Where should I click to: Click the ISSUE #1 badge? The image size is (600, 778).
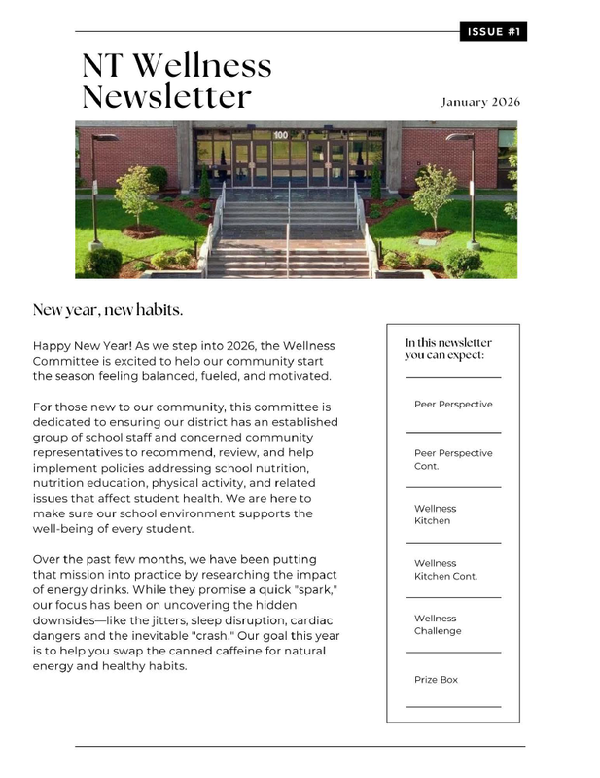coord(492,32)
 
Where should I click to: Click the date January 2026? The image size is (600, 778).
coord(480,102)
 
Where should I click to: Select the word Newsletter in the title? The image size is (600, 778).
coord(166,97)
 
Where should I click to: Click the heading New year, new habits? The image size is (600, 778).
coord(108,310)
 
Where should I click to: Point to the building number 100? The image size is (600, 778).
coord(281,135)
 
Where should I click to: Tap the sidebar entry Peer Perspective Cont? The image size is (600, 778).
coord(453,459)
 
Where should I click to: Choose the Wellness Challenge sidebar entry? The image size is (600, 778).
coord(438,624)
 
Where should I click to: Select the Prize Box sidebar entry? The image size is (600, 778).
coord(436,680)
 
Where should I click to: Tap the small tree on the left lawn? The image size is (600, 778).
coord(135,190)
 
